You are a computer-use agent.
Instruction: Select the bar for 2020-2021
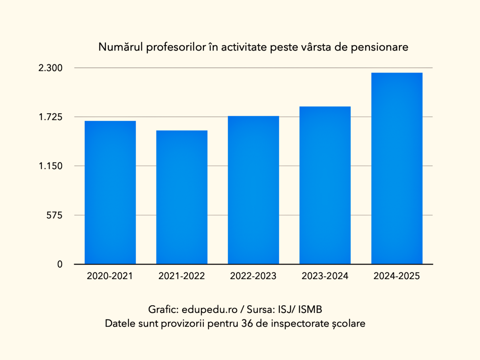pos(110,192)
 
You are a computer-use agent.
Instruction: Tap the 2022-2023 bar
pos(253,190)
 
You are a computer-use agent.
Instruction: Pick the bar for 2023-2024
pos(325,185)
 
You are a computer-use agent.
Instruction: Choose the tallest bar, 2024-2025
pos(396,168)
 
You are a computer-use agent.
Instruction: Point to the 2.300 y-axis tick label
pos(50,68)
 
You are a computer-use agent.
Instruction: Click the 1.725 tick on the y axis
pos(50,117)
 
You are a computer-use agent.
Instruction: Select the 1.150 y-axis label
pos(50,166)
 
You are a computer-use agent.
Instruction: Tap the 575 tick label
pos(55,215)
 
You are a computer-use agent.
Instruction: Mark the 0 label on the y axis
pos(60,264)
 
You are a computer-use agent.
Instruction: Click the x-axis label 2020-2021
pos(110,276)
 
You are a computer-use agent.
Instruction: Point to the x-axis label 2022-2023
pos(253,276)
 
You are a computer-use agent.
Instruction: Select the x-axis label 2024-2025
pos(396,276)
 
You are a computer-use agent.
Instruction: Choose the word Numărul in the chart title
pos(120,47)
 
